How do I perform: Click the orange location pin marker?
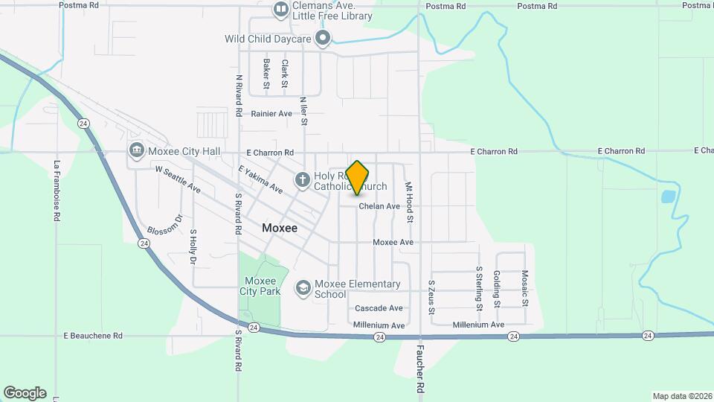[x=358, y=177]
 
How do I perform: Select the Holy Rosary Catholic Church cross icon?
[x=302, y=179]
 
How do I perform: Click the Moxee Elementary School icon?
[x=303, y=287]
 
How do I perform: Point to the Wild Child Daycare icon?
[x=323, y=38]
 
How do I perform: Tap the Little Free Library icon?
[x=281, y=10]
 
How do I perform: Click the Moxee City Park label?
[x=260, y=287]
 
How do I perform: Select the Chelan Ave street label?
[x=379, y=206]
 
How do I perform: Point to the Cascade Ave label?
[x=379, y=308]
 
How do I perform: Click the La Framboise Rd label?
[x=57, y=191]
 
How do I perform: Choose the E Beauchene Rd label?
[x=93, y=336]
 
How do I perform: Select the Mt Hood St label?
[x=408, y=202]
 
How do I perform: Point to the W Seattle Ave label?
[x=178, y=179]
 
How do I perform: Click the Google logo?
[x=25, y=393]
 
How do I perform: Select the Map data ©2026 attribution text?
[x=682, y=396]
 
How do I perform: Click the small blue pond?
[x=667, y=198]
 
